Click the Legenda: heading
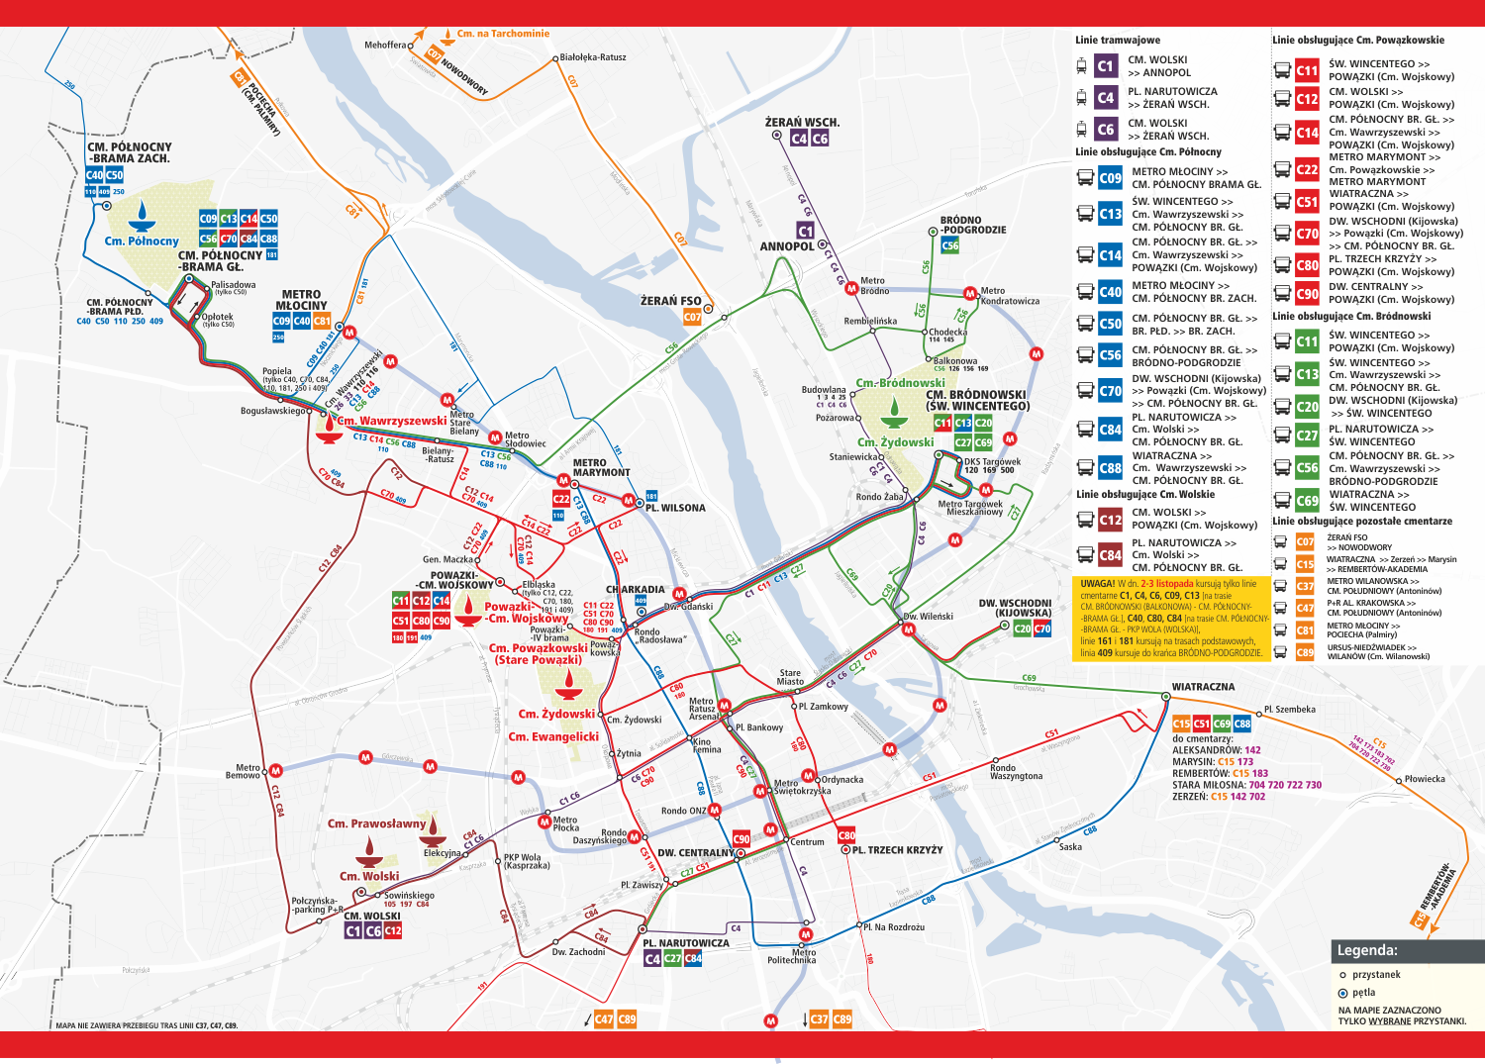[x=1367, y=950]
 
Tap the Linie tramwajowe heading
[x=1118, y=41]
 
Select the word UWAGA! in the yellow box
[x=1098, y=584]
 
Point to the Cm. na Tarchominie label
[x=503, y=34]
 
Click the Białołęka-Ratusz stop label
[x=593, y=57]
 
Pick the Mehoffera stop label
[x=385, y=46]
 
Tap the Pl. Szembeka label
[x=1290, y=710]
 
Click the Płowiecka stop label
[x=1425, y=779]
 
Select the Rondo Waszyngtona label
[x=1016, y=772]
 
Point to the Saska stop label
[x=1070, y=847]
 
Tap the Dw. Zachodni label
[x=578, y=952]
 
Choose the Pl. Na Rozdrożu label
[x=894, y=927]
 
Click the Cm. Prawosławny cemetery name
[x=376, y=823]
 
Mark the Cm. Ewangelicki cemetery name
[x=553, y=737]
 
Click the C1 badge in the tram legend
[x=1106, y=66]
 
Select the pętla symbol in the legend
[x=1342, y=993]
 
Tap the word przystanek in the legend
[x=1376, y=975]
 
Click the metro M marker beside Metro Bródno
[x=850, y=288]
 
